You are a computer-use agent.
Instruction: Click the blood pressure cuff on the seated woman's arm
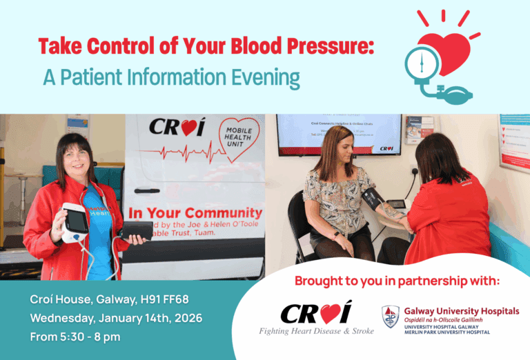[373, 200]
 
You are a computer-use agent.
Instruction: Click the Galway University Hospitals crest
[391, 317]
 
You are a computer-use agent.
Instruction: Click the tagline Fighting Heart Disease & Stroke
[316, 331]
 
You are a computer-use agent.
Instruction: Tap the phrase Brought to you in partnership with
[397, 281]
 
